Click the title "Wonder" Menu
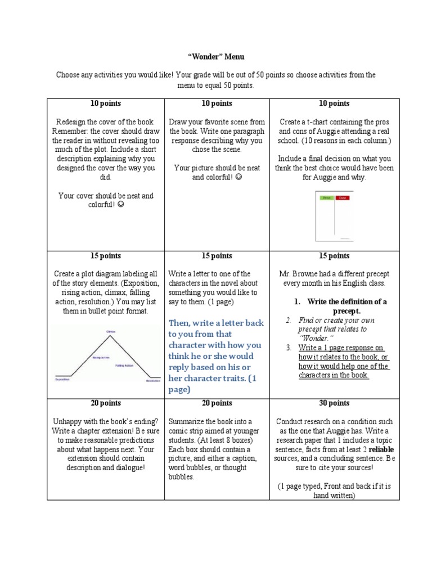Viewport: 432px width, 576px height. tap(216, 57)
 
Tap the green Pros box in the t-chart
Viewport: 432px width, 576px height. tap(326, 198)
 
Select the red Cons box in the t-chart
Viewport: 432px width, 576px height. tap(341, 198)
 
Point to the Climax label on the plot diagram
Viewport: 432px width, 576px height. tap(110, 331)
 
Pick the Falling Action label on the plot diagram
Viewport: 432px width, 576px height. tap(124, 366)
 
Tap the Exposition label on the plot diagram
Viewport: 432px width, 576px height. tap(62, 380)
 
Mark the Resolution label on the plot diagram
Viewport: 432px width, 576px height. tap(153, 381)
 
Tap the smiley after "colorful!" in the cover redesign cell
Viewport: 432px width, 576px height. tap(121, 205)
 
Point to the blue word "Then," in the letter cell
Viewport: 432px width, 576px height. tap(181, 323)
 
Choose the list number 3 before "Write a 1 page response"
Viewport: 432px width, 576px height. tap(287, 348)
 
